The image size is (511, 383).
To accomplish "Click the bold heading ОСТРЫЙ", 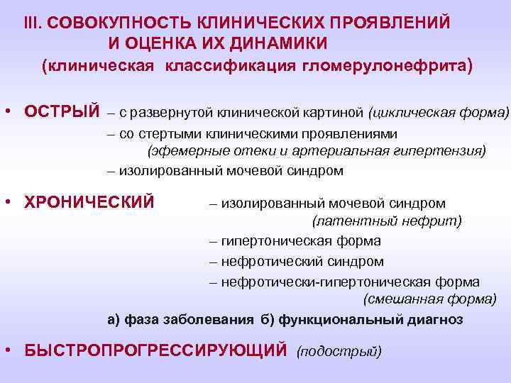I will [62, 111].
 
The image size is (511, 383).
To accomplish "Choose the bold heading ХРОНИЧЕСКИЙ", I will [89, 202].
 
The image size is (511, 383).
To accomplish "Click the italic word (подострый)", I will [339, 350].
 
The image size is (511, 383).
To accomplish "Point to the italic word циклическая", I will [407, 112].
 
